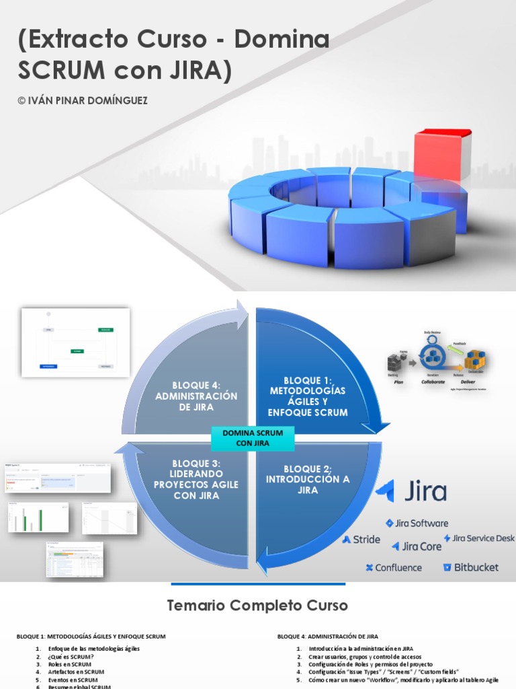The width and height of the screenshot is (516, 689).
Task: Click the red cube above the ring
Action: pos(441,155)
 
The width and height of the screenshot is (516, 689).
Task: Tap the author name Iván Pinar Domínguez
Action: pos(83,100)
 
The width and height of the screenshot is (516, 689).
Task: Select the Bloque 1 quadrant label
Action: pos(308,396)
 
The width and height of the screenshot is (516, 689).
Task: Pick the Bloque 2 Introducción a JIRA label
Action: pos(308,479)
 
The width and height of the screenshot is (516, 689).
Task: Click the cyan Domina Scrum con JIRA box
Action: pos(253,437)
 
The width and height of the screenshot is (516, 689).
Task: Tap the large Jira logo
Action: pos(411,491)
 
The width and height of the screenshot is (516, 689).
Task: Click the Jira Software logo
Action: pos(417,523)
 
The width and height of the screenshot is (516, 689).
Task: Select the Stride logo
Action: pos(361,539)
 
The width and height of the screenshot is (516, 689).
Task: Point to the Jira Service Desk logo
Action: pos(479,538)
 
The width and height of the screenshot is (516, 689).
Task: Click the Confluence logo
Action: pos(394,567)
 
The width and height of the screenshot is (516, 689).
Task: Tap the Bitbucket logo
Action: pos(470,567)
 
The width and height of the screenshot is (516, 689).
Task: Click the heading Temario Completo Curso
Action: pos(257,606)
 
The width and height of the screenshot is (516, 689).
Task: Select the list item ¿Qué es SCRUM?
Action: pos(71,656)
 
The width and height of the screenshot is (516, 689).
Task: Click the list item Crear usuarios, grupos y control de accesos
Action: pos(365,656)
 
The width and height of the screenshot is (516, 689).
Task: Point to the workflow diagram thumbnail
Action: pos(75,342)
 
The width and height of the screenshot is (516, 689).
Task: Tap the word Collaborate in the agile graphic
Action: pos(433,380)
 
